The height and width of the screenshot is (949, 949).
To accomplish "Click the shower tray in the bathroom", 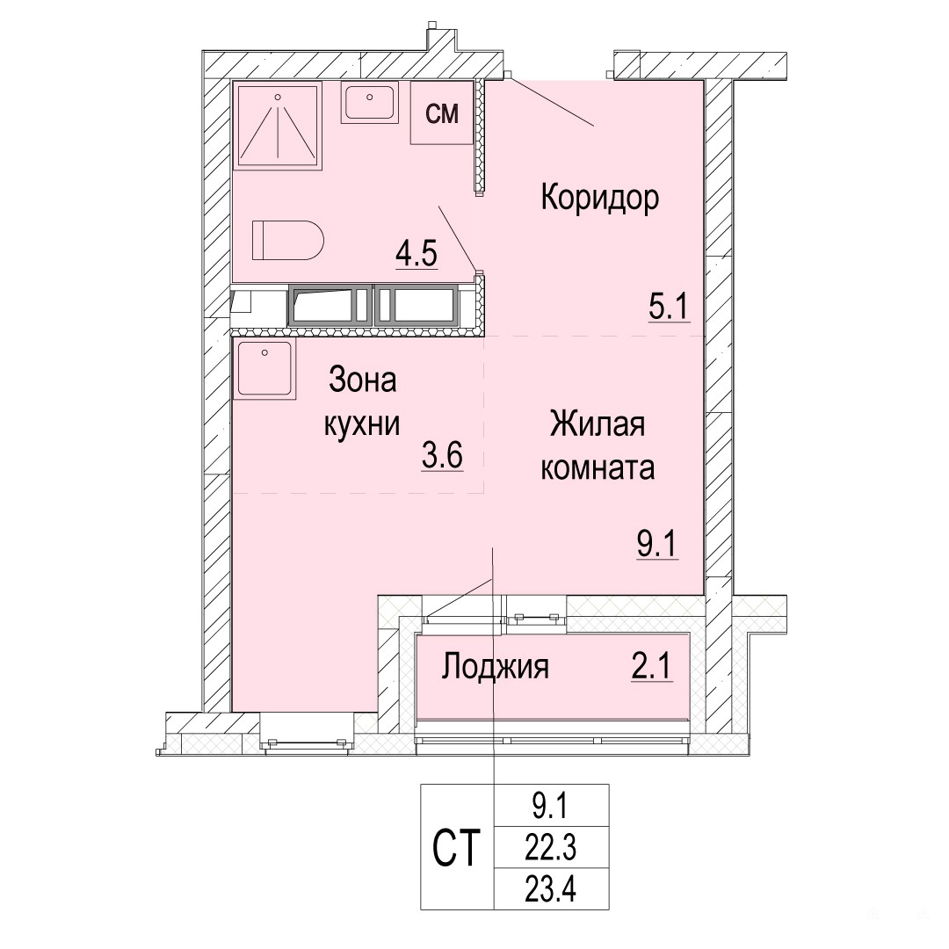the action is (279, 126).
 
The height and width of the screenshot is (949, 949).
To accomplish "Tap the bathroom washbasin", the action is (369, 102).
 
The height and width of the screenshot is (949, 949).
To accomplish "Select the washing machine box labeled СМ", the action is (442, 113).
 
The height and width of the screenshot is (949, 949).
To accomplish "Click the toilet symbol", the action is (288, 240).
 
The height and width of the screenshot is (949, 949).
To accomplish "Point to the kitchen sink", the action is (264, 369).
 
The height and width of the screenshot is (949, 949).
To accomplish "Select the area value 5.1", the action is (669, 307).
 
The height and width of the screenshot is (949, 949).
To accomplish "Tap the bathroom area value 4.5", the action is (417, 254).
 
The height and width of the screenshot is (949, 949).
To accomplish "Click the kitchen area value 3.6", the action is (442, 455).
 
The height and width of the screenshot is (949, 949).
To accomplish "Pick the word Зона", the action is (363, 380).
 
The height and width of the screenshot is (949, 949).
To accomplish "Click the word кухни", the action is (362, 424).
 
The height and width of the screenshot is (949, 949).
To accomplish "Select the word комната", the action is (598, 467).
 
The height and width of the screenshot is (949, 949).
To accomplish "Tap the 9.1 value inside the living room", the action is (657, 544).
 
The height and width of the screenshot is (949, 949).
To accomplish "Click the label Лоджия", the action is (495, 668).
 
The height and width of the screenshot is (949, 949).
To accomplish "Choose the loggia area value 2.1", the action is (652, 667).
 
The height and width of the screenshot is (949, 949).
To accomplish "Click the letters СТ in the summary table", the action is (456, 848).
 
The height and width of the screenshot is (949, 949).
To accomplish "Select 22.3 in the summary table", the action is (551, 848).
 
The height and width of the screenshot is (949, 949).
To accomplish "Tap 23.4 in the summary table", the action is (551, 889).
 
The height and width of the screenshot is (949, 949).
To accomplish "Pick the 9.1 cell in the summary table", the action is (552, 806).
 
